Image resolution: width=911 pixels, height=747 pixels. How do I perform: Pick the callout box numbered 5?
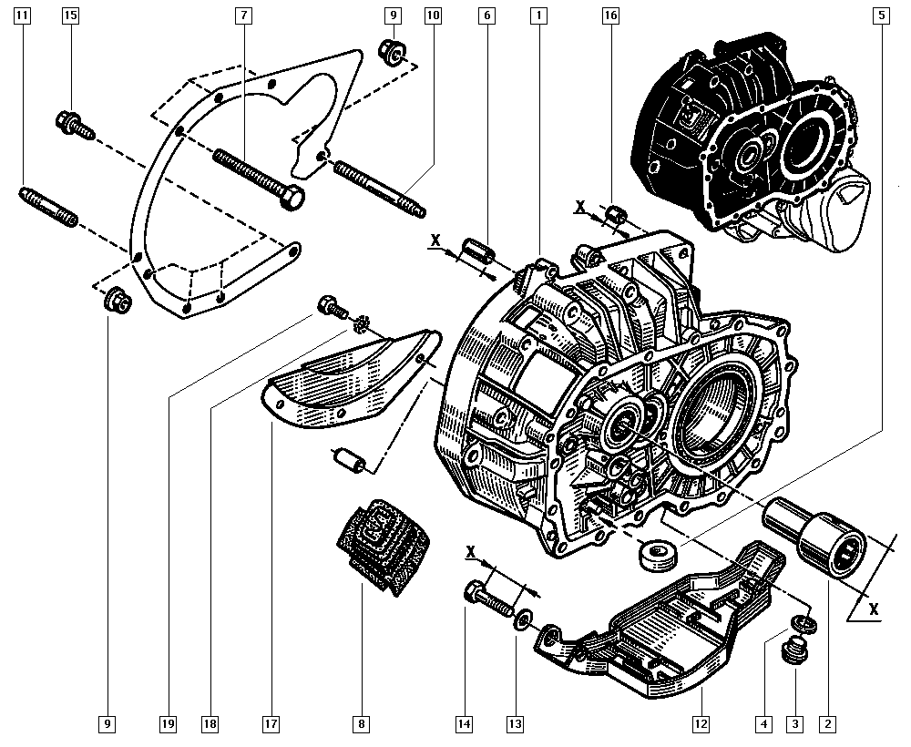(881, 15)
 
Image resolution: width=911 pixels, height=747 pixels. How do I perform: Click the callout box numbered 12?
(701, 725)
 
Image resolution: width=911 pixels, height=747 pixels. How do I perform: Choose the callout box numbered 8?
(362, 725)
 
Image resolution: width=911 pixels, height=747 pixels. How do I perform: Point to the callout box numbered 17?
(271, 725)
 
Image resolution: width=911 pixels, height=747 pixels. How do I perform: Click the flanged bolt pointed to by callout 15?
(74, 125)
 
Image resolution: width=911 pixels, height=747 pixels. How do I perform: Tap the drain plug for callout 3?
(794, 653)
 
